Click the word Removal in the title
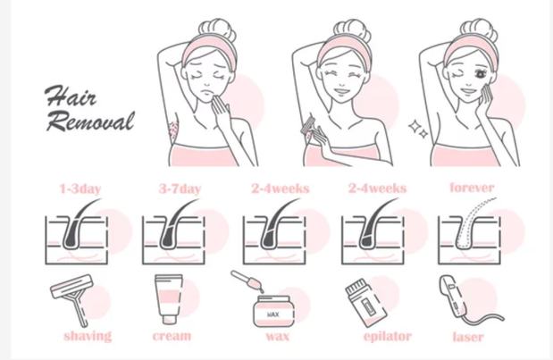click(x=89, y=121)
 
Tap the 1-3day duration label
click(x=79, y=189)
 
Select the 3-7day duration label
click(x=180, y=189)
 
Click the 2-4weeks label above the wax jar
click(x=278, y=189)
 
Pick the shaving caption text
click(x=87, y=336)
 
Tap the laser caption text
click(x=467, y=336)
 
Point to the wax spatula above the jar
click(x=245, y=285)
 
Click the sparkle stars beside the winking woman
click(x=417, y=129)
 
